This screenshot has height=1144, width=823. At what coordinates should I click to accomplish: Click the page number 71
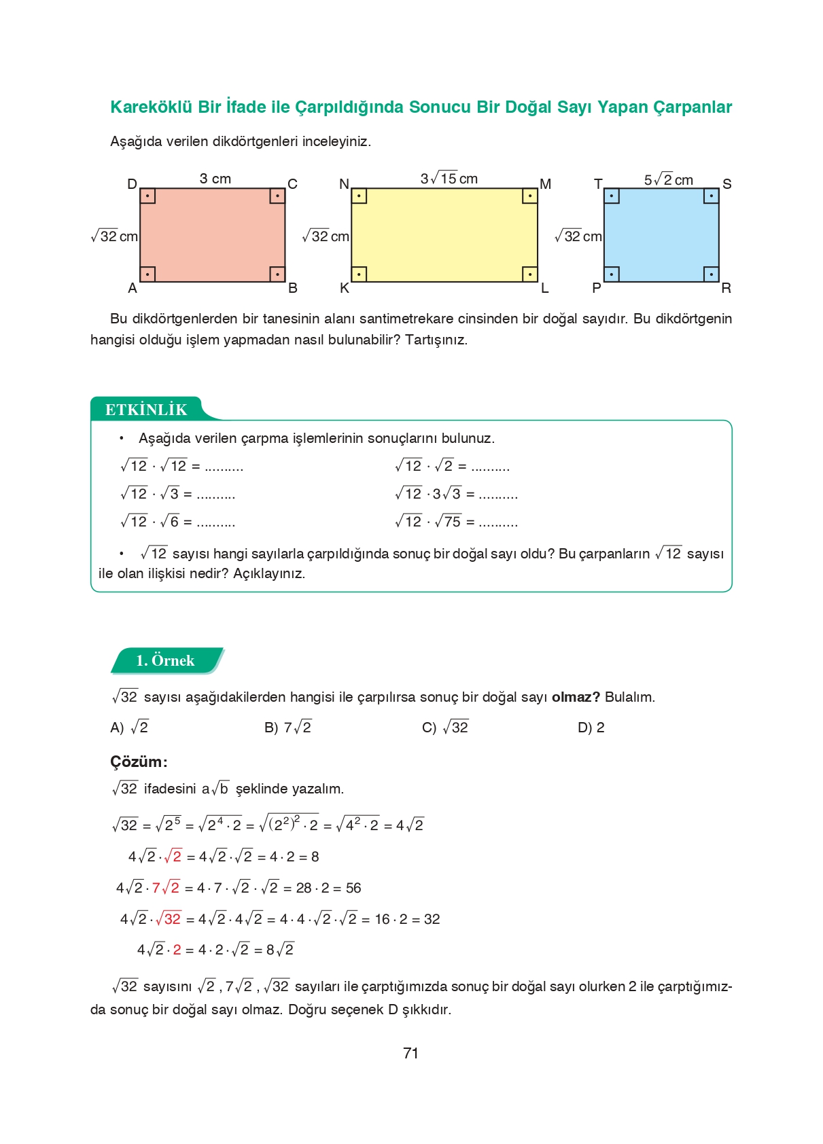tap(410, 1053)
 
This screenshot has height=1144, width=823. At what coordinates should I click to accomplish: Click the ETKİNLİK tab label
tap(145, 410)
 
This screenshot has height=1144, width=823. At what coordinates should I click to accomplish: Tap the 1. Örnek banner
tap(165, 660)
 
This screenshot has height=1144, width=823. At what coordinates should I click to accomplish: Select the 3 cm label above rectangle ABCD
tap(215, 179)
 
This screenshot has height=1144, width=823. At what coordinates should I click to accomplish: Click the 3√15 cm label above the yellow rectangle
tap(449, 179)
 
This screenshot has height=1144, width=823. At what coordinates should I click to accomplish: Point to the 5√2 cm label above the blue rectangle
tap(668, 179)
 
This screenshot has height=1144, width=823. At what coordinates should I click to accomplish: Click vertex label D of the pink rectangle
tap(132, 184)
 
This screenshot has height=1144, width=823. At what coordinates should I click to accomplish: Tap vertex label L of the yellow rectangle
tap(544, 288)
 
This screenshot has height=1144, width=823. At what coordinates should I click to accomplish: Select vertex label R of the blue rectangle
tap(726, 288)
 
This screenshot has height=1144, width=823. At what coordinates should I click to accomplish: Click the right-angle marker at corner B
tap(277, 274)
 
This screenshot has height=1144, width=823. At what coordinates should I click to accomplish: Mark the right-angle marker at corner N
tap(359, 196)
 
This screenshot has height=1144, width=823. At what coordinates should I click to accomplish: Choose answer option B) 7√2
tap(287, 728)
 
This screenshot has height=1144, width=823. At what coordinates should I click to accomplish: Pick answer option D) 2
tap(591, 728)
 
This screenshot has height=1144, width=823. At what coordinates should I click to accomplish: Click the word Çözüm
tap(138, 762)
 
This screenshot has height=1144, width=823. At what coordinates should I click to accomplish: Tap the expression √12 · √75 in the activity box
tap(427, 522)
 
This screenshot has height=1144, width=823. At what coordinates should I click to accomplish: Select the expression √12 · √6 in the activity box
tap(150, 522)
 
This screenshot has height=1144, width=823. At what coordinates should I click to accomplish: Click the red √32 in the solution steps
tap(169, 919)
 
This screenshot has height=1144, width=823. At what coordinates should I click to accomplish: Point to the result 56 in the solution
tap(353, 888)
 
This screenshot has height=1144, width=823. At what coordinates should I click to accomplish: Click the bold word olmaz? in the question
tap(576, 697)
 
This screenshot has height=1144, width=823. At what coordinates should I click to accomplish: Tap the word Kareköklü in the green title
tap(151, 107)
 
